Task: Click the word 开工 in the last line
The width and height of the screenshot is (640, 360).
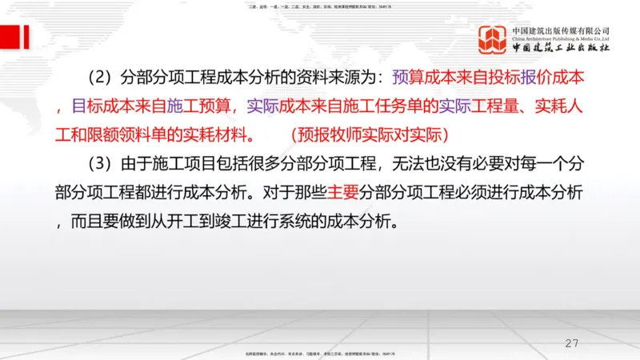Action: [186, 222]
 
